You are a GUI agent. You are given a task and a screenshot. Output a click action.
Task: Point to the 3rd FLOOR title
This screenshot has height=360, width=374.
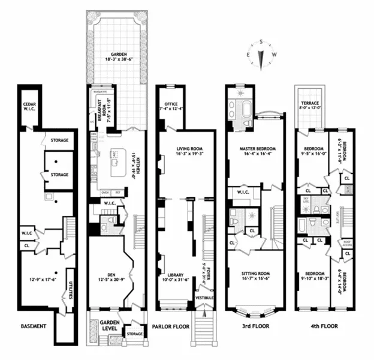coord(248,327)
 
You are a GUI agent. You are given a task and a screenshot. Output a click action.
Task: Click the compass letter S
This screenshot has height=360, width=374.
coord(261,43)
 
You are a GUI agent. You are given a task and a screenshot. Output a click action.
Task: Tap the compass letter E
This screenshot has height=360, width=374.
coord(248,55)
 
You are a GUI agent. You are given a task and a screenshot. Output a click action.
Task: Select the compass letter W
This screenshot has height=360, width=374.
coord(274,55)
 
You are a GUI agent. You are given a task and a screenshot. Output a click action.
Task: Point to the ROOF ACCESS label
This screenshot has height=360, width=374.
coord(346,244)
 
